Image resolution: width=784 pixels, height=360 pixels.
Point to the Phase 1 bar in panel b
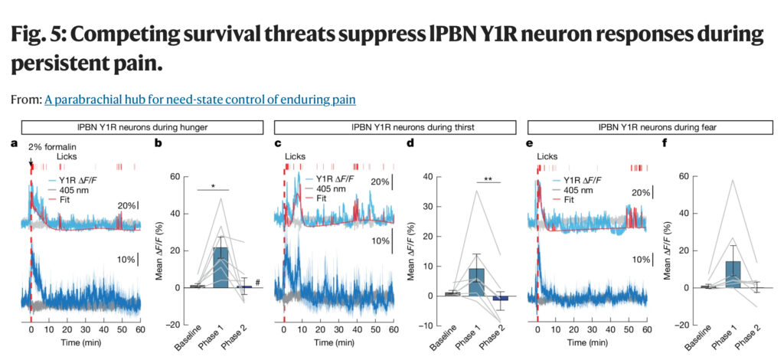220,267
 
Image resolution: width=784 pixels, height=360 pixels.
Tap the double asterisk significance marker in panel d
487,181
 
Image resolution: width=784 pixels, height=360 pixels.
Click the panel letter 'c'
279,143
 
